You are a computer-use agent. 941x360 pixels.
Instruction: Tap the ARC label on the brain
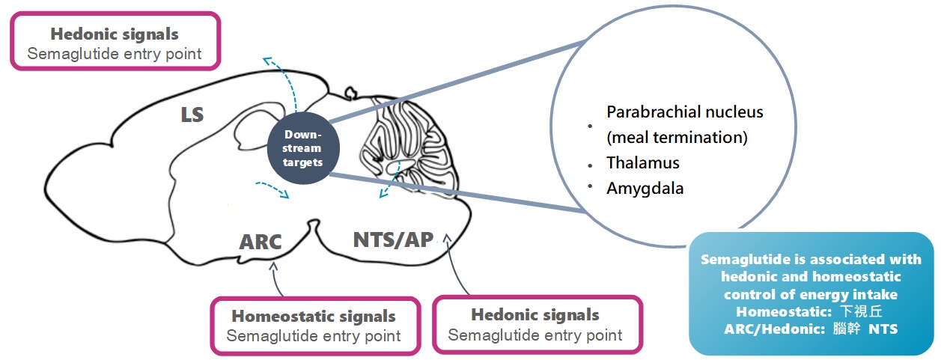[261, 242]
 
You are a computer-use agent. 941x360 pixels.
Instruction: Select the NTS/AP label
[393, 240]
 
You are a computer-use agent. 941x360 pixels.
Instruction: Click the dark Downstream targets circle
[302, 148]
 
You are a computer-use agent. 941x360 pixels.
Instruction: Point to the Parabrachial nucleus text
[684, 112]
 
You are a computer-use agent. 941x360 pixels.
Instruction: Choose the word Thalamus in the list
[643, 163]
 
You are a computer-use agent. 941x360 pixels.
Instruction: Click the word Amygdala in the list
[645, 189]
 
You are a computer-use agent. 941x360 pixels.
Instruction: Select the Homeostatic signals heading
[313, 317]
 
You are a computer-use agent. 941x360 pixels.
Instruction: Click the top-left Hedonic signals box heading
[115, 34]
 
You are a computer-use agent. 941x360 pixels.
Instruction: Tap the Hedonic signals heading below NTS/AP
[535, 315]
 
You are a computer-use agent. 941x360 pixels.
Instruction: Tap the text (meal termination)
[677, 138]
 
